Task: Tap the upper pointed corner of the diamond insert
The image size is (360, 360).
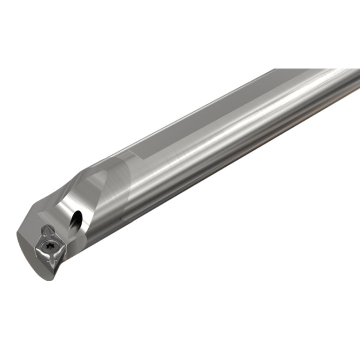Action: coord(45,226)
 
